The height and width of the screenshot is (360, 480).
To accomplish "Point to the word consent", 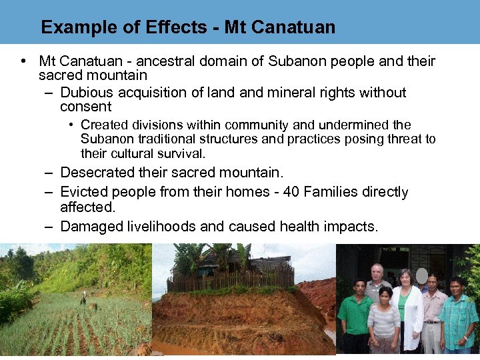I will (85, 107).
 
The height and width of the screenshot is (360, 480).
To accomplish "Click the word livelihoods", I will (161, 227).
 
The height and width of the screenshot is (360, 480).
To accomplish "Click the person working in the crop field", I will (83, 299).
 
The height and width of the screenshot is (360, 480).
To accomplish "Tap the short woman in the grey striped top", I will (383, 323).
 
